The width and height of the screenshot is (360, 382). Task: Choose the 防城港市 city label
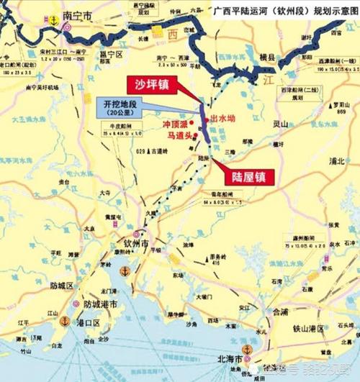[x=101, y=305]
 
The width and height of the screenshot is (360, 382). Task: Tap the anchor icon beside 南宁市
[x=52, y=21]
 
